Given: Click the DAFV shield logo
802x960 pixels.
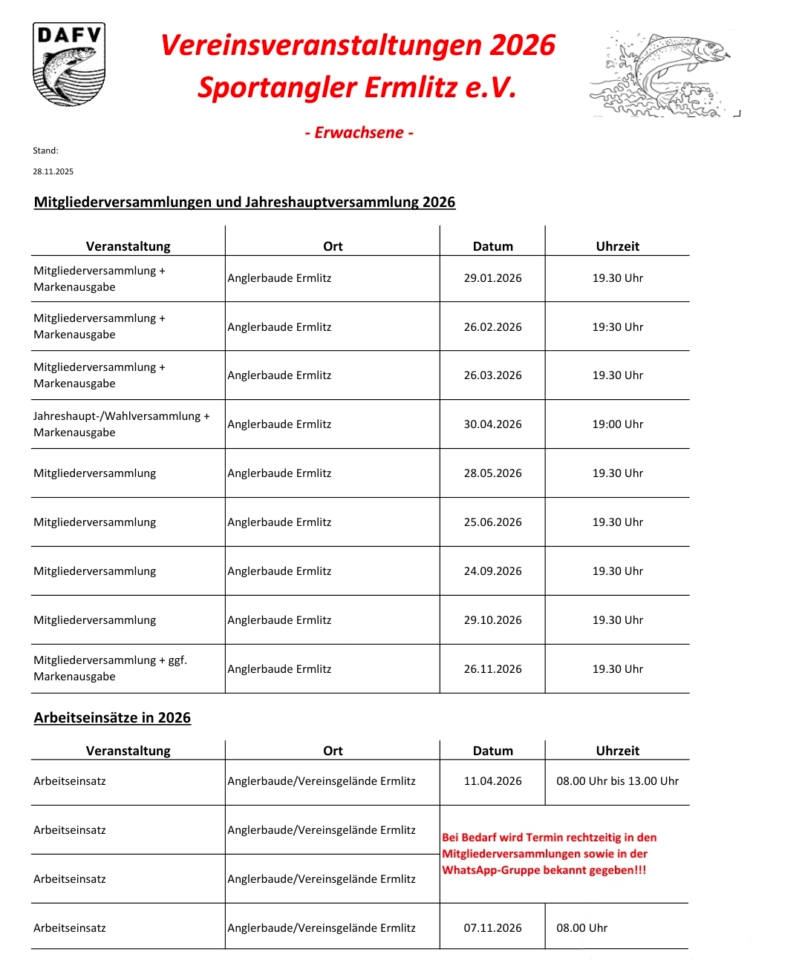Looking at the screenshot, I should point(69,65).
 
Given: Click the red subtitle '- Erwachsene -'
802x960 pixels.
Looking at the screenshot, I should point(359,133).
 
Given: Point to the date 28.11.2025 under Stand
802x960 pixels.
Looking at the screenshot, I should point(53,171).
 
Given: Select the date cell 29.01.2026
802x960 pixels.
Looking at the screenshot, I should point(492,278).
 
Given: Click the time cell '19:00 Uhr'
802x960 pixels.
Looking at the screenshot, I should point(617,424).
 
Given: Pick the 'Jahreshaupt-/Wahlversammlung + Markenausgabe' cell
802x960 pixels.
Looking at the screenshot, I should point(121,424).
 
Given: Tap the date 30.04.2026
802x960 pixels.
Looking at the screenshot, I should point(492,424).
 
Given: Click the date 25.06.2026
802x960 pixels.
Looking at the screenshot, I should point(492,522).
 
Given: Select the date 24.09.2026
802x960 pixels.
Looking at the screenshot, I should point(492,571).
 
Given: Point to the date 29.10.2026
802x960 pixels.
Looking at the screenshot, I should point(492,620).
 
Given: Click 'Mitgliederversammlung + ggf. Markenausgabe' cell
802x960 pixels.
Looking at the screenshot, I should point(110,668).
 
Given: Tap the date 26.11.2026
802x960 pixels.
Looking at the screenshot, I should point(492,669).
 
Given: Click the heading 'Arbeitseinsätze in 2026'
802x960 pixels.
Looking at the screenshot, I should point(112,718).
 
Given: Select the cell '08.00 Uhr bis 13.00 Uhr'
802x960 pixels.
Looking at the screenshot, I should point(617,781).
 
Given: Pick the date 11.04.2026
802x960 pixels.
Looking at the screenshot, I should point(492,781).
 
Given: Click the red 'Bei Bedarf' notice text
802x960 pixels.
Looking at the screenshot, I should point(549,854).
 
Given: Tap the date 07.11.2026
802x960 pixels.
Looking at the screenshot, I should point(492,928).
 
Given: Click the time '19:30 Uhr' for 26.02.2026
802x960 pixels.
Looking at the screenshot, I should point(617,327).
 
